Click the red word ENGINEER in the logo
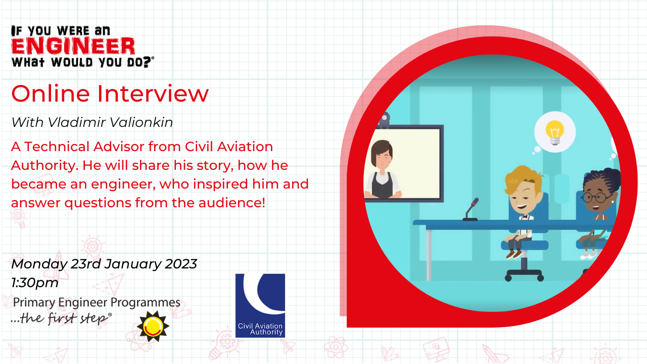coord(73,46)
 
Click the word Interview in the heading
coord(153,94)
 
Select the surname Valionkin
coord(141,122)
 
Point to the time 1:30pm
coord(35,283)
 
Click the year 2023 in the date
coord(181,264)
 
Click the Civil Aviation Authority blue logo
coord(260,306)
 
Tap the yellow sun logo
coord(153,327)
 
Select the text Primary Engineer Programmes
coord(97,302)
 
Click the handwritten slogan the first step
coord(61,318)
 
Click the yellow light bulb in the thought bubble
coord(554,132)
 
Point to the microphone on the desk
coord(471,209)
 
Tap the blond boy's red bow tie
coord(525,217)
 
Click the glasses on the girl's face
coord(596,198)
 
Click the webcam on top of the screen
coord(385,120)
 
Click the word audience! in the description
coord(232,203)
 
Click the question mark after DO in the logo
coord(147,62)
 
